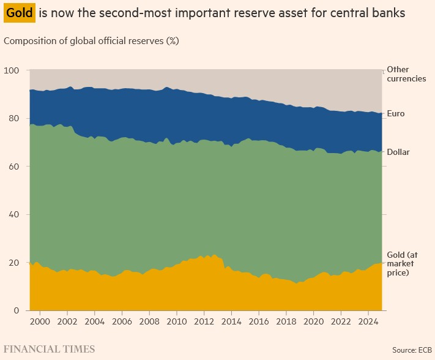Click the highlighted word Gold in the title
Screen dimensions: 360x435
pyautogui.click(x=19, y=13)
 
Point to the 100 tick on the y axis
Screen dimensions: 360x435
pyautogui.click(x=12, y=70)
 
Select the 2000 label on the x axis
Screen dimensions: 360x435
pyautogui.click(x=40, y=321)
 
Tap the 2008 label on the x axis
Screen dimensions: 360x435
pyautogui.click(x=149, y=321)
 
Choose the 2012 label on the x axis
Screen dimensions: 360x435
pyautogui.click(x=204, y=321)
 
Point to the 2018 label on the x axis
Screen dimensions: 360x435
pyautogui.click(x=286, y=321)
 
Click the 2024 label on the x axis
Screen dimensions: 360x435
pyautogui.click(x=368, y=321)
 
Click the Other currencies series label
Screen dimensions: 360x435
pyautogui.click(x=406, y=74)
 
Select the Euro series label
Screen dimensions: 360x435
pyautogui.click(x=396, y=114)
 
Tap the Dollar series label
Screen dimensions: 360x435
pyautogui.click(x=398, y=152)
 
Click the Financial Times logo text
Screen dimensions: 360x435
pyautogui.click(x=50, y=350)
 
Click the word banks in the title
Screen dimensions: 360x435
pyautogui.click(x=390, y=13)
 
